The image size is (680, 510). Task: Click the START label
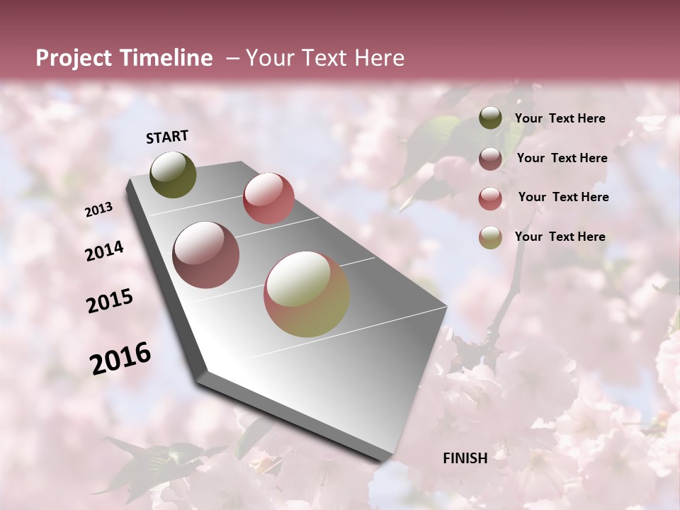point(167,137)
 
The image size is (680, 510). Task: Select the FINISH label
point(465,458)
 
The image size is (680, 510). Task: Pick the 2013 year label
point(98,210)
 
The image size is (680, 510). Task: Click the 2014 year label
point(104,251)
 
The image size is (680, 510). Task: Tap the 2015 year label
point(110,301)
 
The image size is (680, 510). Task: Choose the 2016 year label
point(120,358)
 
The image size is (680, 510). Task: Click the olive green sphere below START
point(174,174)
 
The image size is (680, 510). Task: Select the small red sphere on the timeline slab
point(268,198)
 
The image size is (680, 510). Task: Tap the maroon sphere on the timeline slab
point(206,255)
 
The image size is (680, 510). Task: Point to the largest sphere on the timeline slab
point(307,294)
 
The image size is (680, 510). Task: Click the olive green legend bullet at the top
point(490,118)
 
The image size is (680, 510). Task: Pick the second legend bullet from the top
point(490,159)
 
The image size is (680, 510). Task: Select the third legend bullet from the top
point(490,198)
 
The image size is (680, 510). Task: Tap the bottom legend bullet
point(490,237)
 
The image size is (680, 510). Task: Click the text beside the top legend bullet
point(560,119)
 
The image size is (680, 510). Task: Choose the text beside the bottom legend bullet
point(560,237)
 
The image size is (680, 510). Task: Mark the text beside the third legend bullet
point(563,197)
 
